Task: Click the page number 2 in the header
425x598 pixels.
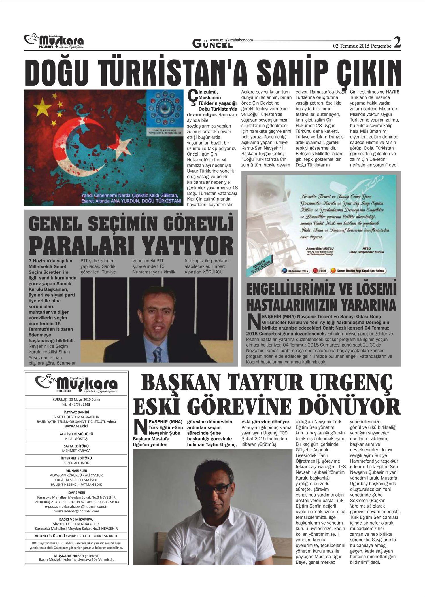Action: pyautogui.click(x=397, y=43)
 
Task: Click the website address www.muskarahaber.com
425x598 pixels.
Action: pyautogui.click(x=231, y=40)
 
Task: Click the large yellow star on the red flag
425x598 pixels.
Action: pyautogui.click(x=41, y=105)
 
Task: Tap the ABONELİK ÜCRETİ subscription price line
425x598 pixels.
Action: pyautogui.click(x=76, y=536)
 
